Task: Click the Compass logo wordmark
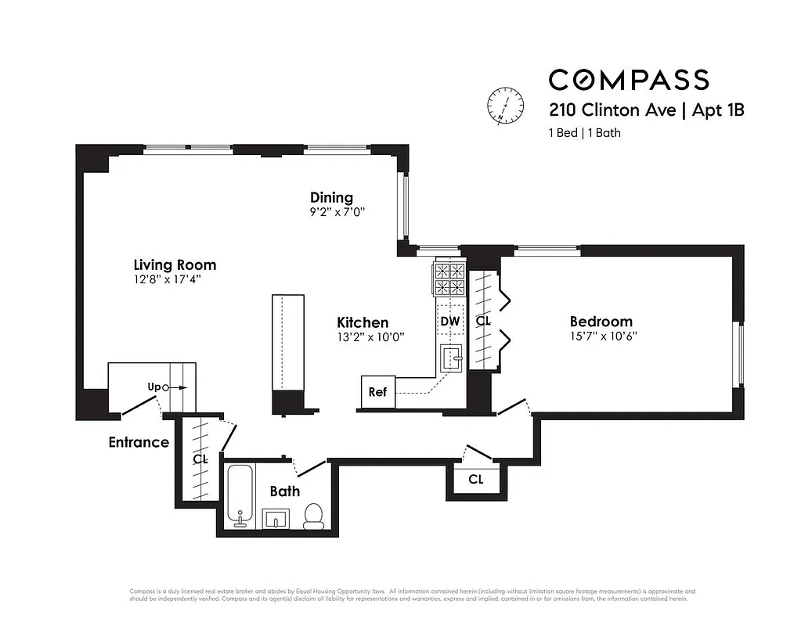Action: (x=628, y=80)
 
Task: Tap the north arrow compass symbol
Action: (x=505, y=105)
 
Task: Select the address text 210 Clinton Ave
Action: (x=612, y=110)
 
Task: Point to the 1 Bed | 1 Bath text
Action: (x=584, y=133)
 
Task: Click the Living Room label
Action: (x=174, y=265)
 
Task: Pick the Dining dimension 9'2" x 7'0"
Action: (x=337, y=212)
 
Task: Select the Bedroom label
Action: (x=601, y=322)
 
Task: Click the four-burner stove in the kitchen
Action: (x=449, y=279)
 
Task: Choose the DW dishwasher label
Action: (x=449, y=321)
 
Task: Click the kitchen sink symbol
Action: (x=452, y=358)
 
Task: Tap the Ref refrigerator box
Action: (x=377, y=392)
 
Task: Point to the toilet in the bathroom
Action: (x=313, y=516)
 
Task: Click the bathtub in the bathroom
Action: (x=240, y=497)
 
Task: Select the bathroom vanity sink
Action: (x=276, y=519)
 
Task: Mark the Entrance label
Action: (x=139, y=442)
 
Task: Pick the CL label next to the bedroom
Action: (x=483, y=321)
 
